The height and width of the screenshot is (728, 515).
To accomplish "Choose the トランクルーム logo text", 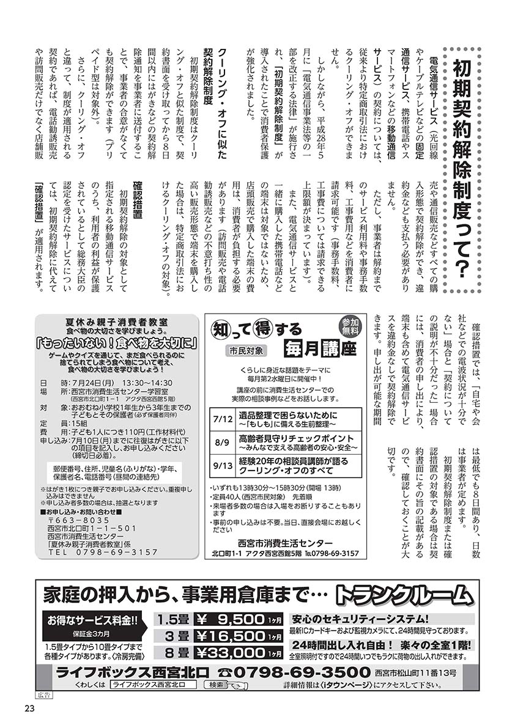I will pos(404,595).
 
